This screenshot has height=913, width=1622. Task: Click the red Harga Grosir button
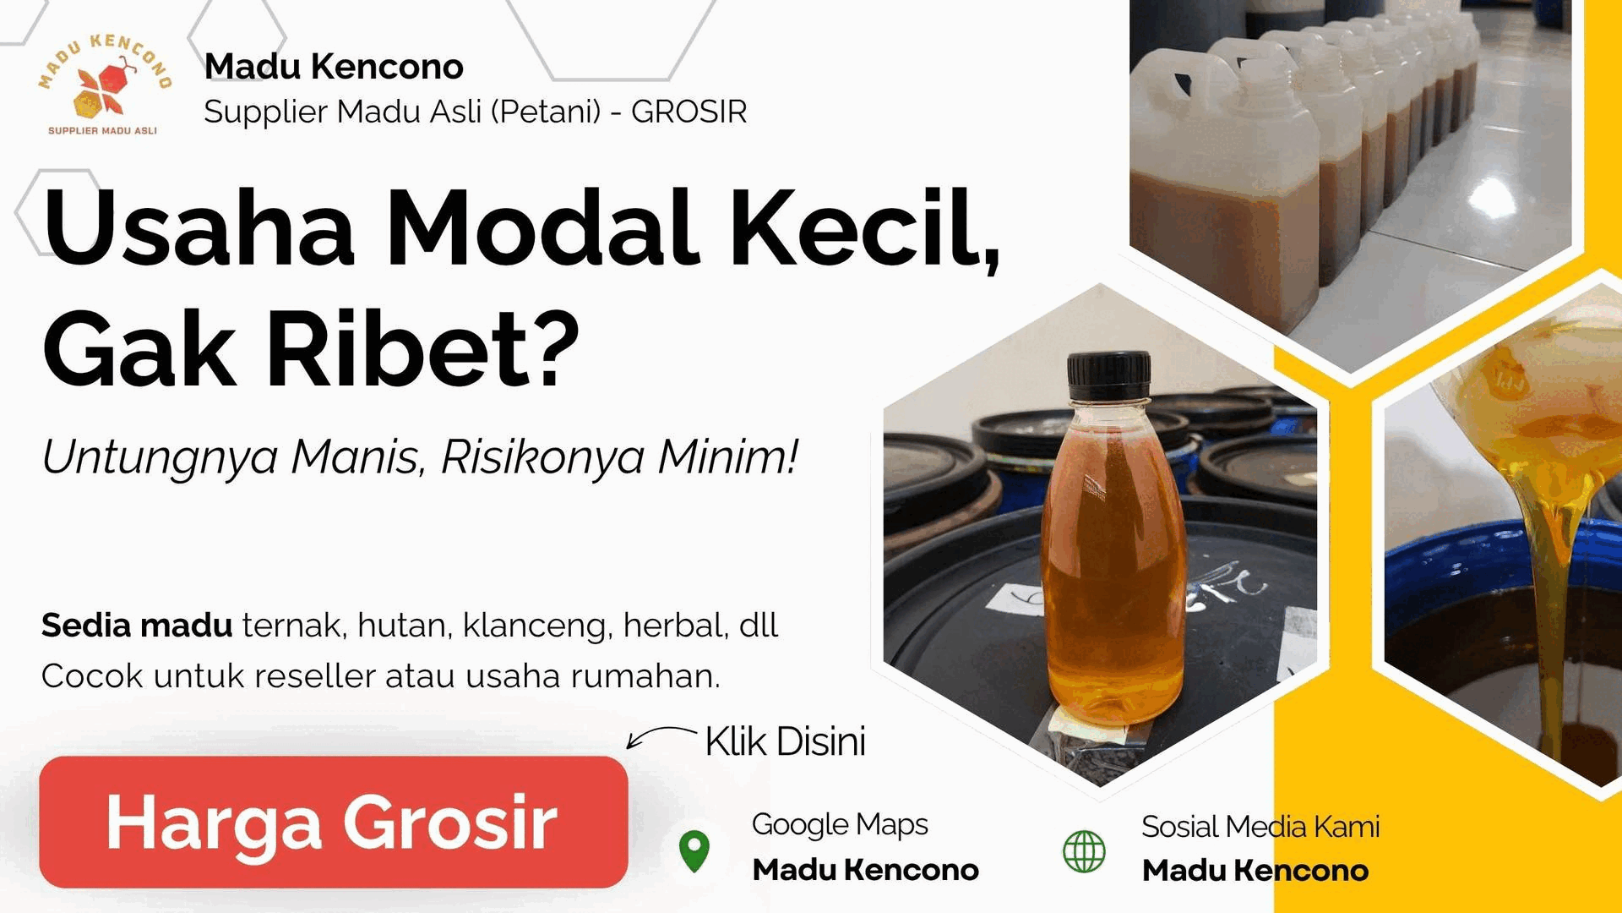[x=334, y=822]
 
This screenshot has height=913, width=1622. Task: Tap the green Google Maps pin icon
[x=694, y=850]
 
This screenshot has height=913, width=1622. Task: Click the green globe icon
[x=1084, y=850]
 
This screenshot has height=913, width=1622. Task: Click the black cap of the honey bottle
[x=1108, y=375]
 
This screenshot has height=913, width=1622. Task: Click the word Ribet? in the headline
[x=423, y=349]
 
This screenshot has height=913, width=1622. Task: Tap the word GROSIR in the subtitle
[x=689, y=112]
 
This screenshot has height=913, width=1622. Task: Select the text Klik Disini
[x=785, y=741]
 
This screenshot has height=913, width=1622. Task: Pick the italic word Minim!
[x=727, y=457]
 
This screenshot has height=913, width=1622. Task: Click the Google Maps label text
[x=840, y=824]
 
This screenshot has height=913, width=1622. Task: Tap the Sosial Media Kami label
[x=1260, y=826]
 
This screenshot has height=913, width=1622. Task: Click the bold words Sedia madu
[x=137, y=626]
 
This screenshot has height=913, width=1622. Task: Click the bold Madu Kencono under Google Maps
[x=865, y=870]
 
